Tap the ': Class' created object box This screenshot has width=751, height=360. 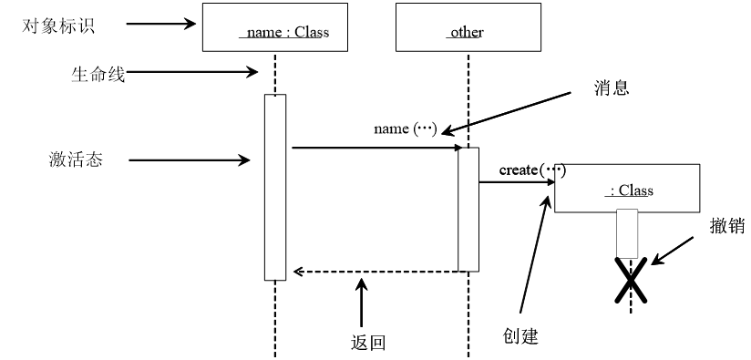click(627, 189)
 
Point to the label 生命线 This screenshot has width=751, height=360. click(97, 74)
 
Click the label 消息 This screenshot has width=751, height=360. click(612, 88)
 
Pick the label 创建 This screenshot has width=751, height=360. click(520, 335)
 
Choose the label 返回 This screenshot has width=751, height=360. click(367, 343)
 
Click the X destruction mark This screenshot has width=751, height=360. click(629, 280)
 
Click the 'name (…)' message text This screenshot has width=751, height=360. click(406, 129)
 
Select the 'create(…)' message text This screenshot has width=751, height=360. click(531, 170)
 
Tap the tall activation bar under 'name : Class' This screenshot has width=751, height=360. click(275, 187)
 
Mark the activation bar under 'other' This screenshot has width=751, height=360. click(468, 209)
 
